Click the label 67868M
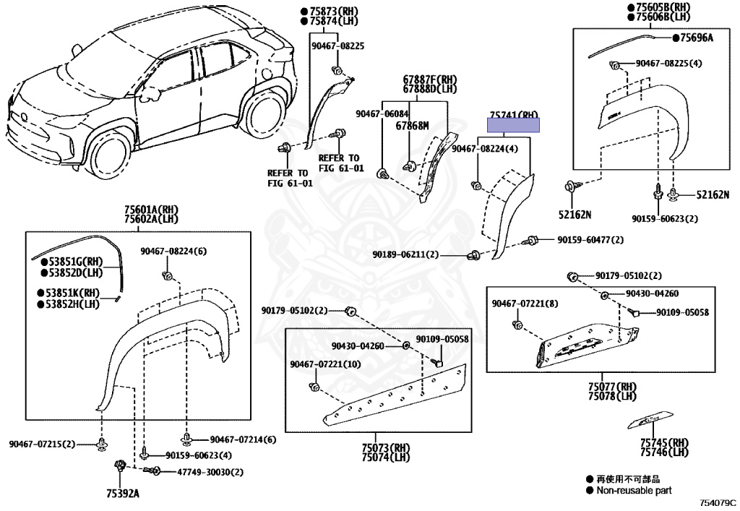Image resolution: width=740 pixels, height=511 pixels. pos(412,126)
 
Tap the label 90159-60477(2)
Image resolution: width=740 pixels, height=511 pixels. pos(590,239)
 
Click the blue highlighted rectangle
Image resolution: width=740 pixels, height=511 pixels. pos(513,126)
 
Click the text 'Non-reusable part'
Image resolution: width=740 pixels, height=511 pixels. pos(633,490)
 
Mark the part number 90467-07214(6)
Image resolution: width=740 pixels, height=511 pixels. pos(243,439)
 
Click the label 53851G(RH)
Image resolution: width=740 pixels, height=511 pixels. pos(72,261)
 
